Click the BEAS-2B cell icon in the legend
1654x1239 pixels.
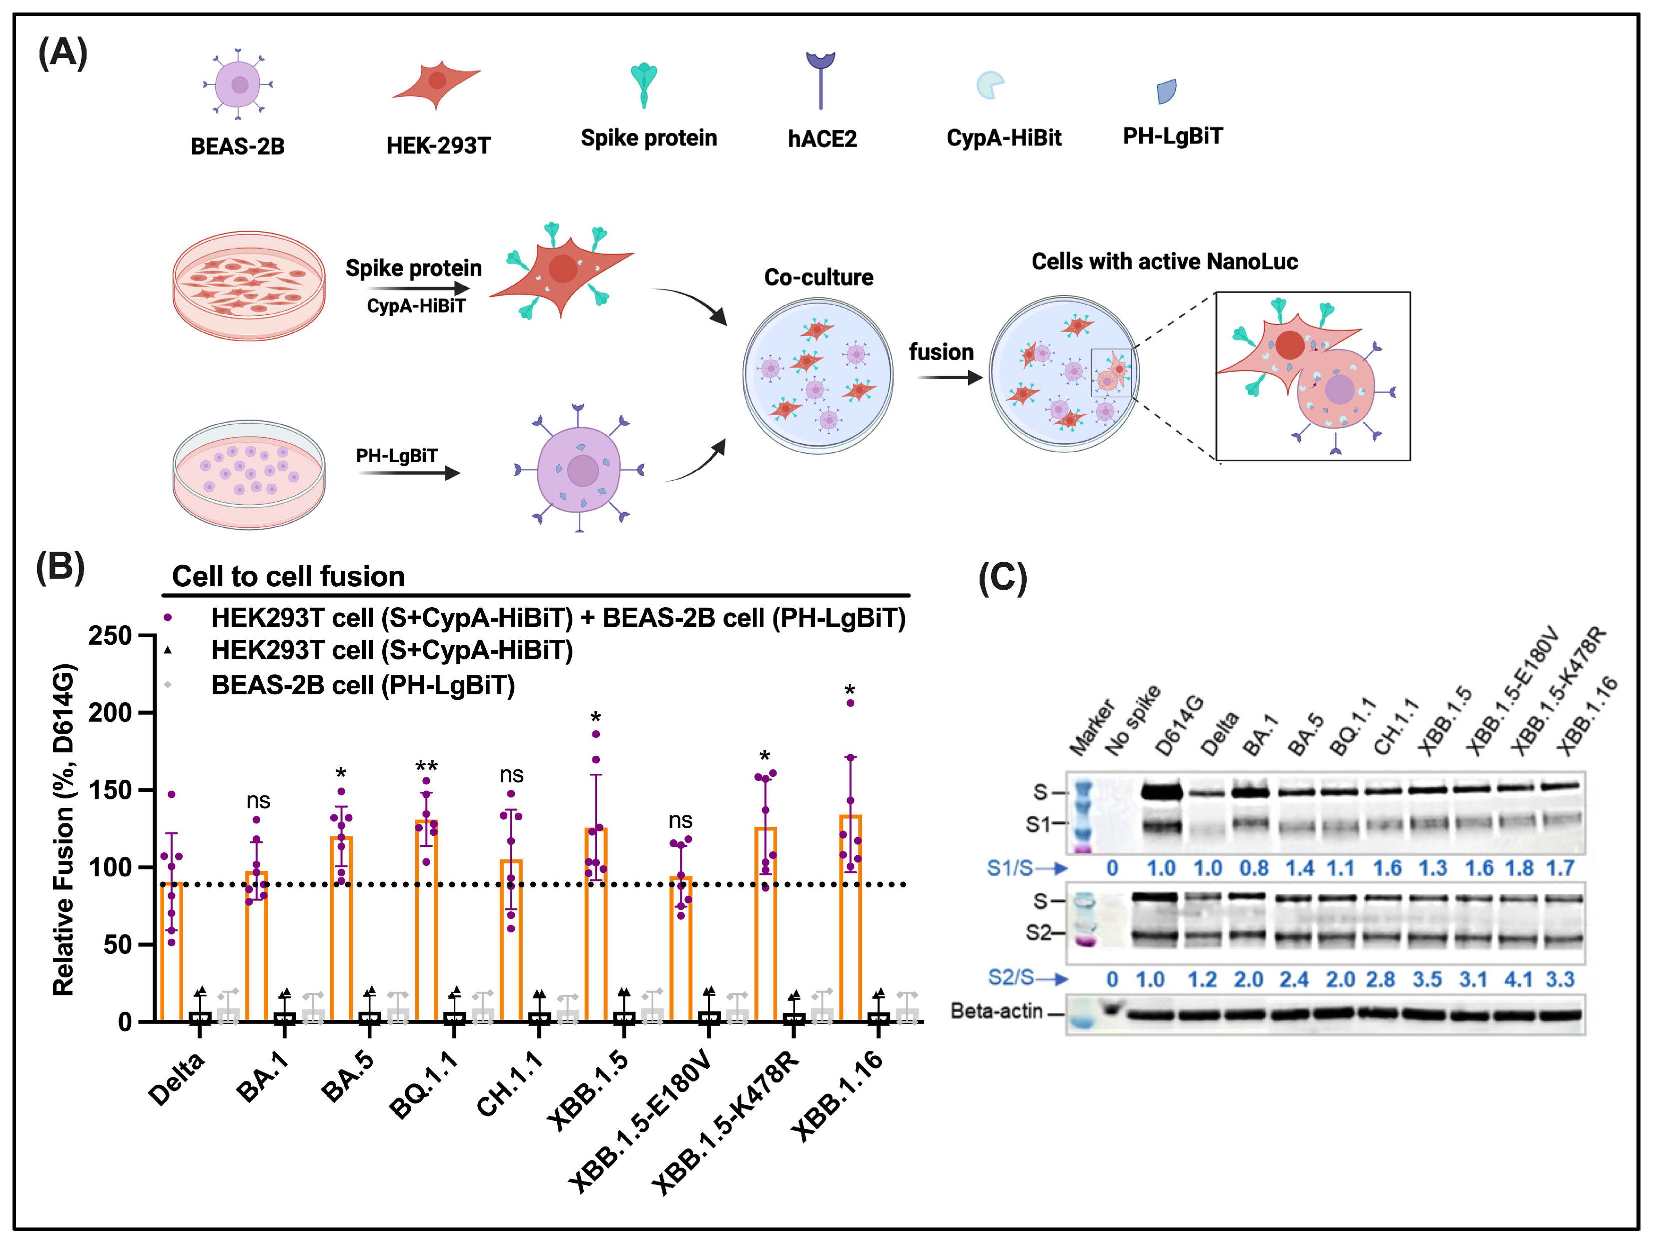point(238,84)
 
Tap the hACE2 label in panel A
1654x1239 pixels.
point(822,139)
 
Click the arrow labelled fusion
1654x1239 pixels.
point(948,378)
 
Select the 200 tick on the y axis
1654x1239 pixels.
point(111,713)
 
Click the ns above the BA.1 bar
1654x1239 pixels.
point(258,801)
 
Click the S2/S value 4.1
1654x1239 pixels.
point(1518,979)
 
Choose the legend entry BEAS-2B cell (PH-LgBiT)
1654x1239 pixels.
point(363,685)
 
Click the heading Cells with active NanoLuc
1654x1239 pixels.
point(1164,262)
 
